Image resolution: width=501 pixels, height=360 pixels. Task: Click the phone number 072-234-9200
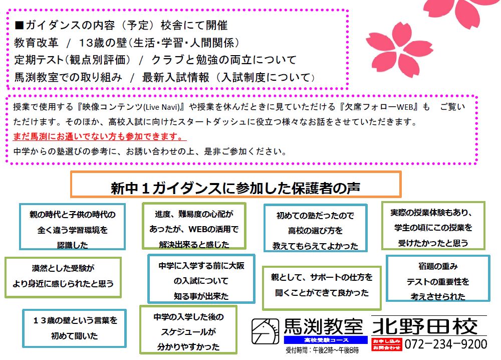445,344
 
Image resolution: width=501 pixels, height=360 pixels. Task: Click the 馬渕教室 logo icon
266,331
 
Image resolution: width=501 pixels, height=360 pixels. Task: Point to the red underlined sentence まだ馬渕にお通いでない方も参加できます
97,137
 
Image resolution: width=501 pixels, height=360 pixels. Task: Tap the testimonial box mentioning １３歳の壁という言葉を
75,328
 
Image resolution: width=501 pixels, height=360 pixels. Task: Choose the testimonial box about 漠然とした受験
63,276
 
